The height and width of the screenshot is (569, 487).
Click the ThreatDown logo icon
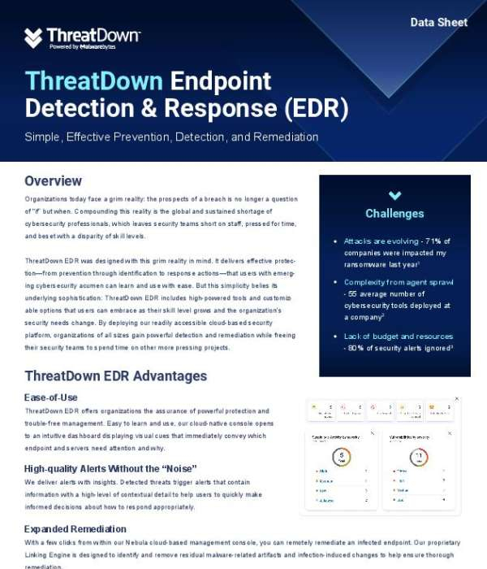[x=33, y=37]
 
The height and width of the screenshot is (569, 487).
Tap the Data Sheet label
[x=439, y=22]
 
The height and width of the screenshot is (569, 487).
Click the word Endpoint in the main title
[x=221, y=81]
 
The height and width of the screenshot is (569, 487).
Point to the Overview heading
[x=53, y=180]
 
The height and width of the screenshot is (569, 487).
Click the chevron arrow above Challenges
[x=394, y=195]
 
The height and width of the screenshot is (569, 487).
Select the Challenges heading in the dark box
[x=394, y=214]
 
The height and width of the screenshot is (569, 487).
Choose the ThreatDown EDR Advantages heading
[x=115, y=376]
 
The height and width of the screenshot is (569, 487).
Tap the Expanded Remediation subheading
[x=75, y=528]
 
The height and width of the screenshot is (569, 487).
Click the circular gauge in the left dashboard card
[x=343, y=455]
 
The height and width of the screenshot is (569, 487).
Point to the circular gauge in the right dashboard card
[x=419, y=455]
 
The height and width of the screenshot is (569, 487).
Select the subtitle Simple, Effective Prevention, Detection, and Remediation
[x=171, y=137]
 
